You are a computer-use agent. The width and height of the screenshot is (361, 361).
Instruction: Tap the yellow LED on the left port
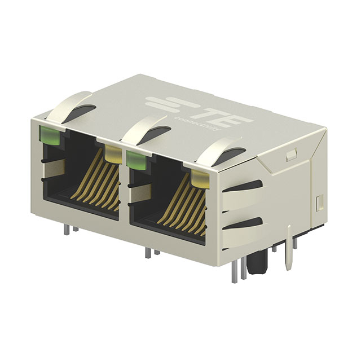[113, 152]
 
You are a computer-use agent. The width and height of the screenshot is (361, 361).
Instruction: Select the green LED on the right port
[136, 159]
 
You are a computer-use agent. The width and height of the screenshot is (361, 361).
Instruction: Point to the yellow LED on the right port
[200, 179]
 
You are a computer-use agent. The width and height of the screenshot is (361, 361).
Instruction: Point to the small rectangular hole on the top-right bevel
[290, 153]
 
